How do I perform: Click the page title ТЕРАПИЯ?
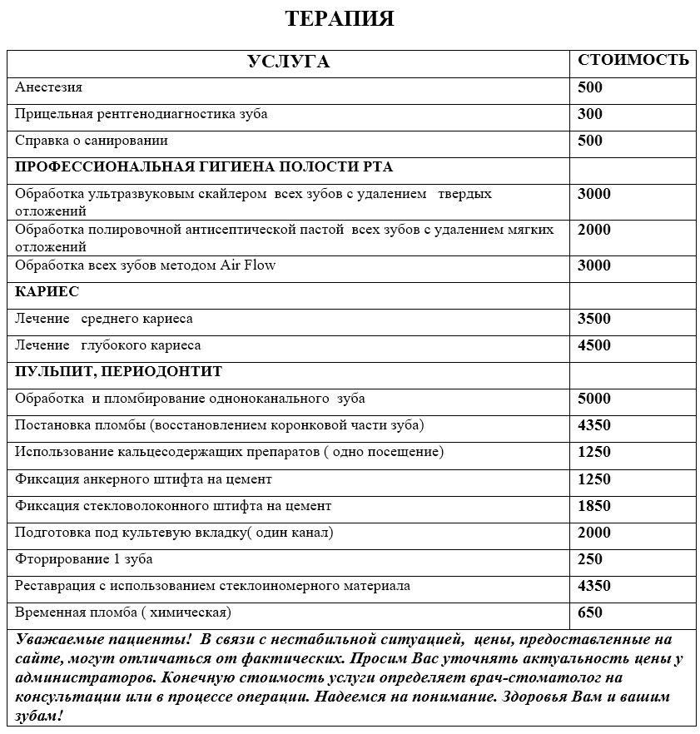click(339, 19)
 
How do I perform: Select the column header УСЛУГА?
click(289, 62)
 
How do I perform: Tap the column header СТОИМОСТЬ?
click(633, 60)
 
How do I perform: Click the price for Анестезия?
click(589, 87)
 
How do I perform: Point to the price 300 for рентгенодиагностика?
click(589, 114)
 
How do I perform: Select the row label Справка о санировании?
click(92, 141)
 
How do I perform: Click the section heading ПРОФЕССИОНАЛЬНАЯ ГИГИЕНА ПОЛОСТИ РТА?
click(204, 167)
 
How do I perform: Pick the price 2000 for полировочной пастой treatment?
click(594, 230)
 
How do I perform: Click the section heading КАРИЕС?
click(47, 292)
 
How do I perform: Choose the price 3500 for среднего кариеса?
click(594, 319)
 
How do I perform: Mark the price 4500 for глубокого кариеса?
click(594, 345)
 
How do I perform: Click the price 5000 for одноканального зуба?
click(594, 399)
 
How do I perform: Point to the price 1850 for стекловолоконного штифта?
click(594, 506)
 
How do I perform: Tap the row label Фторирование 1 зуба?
click(84, 559)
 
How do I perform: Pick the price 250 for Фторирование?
click(589, 559)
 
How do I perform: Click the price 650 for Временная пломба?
click(589, 613)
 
